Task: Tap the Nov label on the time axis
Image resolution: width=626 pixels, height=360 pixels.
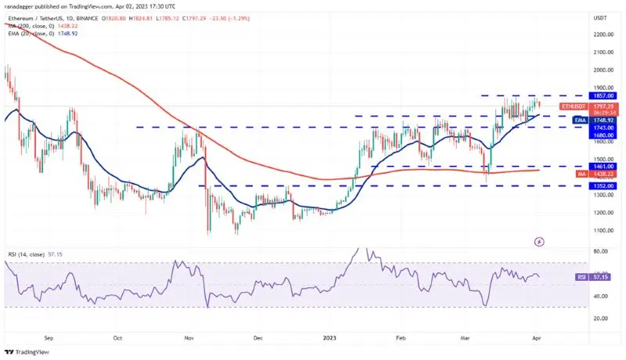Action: click(188, 340)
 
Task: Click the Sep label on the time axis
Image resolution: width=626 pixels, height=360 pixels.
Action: click(50, 340)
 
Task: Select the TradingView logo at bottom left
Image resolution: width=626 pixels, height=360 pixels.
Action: click(28, 351)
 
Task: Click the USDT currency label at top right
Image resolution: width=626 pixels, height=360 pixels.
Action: click(600, 17)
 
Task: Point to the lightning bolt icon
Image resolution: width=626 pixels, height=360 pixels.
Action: click(538, 241)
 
